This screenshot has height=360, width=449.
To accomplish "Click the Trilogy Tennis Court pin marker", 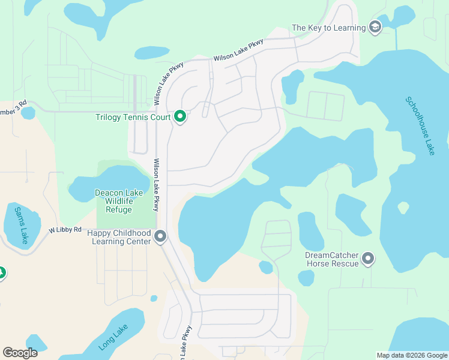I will (179, 116).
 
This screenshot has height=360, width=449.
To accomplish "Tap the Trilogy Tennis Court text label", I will (133, 117).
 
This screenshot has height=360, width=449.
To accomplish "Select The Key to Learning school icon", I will (375, 28).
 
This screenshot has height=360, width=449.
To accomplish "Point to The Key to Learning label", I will (328, 28).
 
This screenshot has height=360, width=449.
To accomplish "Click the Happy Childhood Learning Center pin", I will (160, 236).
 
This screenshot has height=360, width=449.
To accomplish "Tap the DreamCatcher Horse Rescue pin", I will (368, 259).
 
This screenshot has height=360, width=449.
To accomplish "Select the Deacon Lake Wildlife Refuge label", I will (122, 201).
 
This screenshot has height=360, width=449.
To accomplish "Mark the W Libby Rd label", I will (65, 230).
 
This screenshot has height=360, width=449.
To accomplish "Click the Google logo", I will (20, 353).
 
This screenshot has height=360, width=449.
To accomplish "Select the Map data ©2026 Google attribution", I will (412, 355).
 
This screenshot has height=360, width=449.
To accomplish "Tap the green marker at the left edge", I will (1, 273).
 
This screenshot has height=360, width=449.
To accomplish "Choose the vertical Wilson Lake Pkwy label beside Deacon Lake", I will (156, 185).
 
